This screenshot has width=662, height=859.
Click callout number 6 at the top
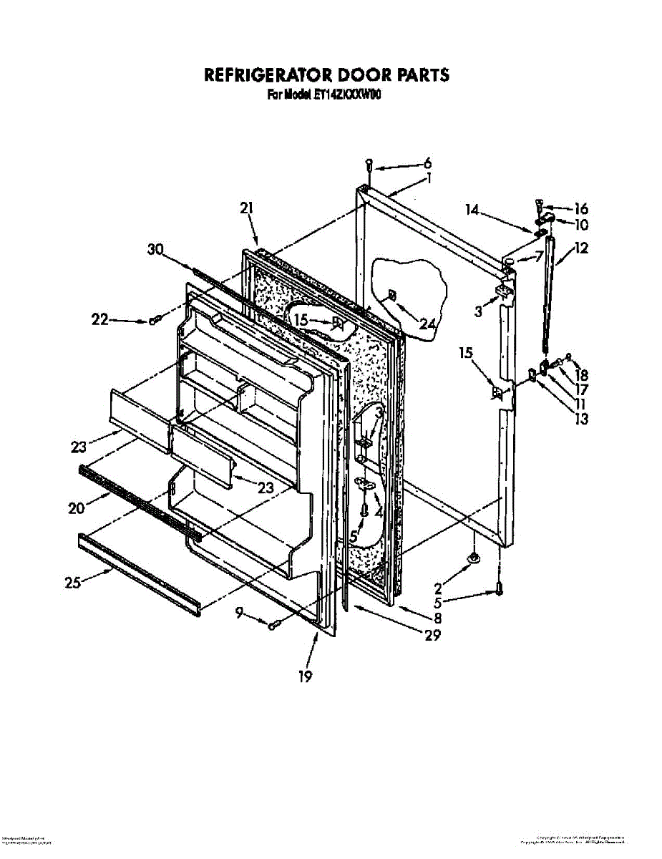click(427, 163)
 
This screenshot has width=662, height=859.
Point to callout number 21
click(246, 208)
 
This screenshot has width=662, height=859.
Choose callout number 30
click(155, 250)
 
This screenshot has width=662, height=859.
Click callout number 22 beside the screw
click(99, 320)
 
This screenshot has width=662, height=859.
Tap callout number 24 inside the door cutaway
click(427, 324)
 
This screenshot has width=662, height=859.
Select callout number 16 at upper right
click(580, 209)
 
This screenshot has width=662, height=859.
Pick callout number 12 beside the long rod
click(580, 250)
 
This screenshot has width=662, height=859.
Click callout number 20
click(77, 508)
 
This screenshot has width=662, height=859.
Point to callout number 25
click(72, 583)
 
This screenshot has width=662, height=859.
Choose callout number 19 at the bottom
click(306, 676)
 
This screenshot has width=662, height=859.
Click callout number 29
click(432, 634)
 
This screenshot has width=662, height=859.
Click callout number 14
click(471, 210)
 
